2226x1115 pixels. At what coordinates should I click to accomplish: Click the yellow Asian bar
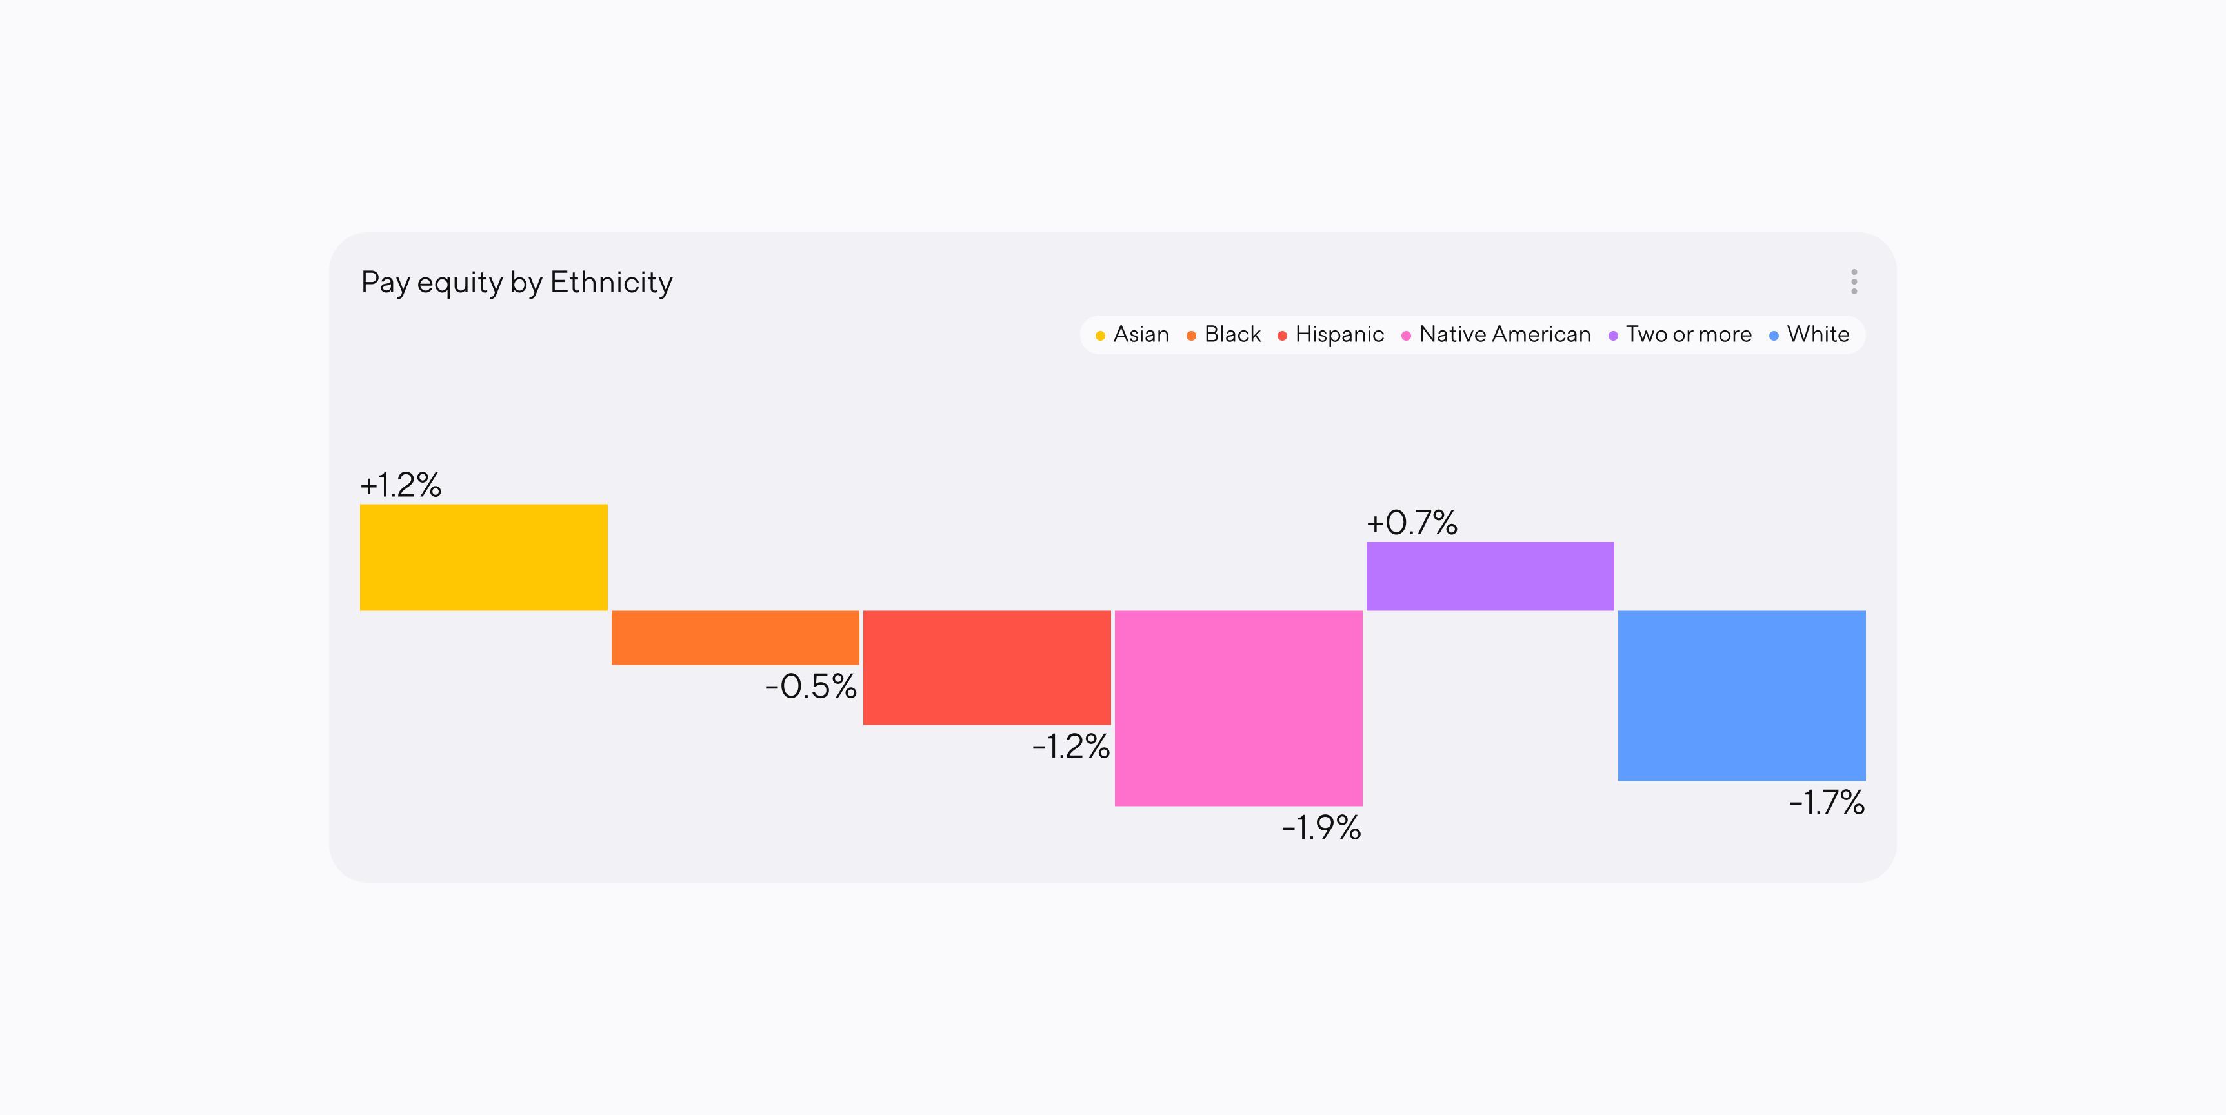tap(483, 557)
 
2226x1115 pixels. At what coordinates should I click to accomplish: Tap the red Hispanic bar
tap(986, 667)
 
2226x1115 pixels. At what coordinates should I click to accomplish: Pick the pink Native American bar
tap(1238, 707)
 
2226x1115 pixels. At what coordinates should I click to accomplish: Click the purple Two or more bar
tap(1489, 576)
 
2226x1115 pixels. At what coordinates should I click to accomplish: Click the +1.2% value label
tap(400, 485)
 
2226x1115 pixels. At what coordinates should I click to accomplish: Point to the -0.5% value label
tap(810, 687)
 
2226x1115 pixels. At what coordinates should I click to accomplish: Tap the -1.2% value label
tap(1070, 746)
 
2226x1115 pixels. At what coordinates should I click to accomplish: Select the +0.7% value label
tap(1411, 523)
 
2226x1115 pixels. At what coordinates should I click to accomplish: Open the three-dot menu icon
tap(1854, 282)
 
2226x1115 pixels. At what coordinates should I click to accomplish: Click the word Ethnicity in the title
tap(611, 283)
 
